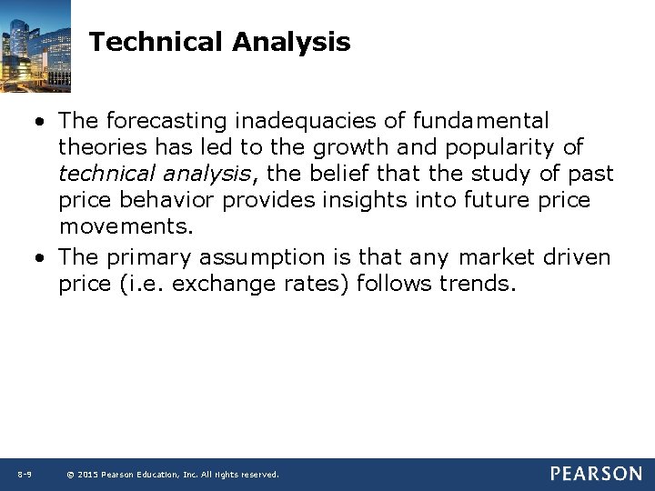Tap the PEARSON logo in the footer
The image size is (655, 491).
[x=595, y=474]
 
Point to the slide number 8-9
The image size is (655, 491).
[x=25, y=474]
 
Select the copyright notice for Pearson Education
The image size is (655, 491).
[x=174, y=475]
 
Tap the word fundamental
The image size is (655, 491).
[x=480, y=121]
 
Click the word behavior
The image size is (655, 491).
[x=172, y=200]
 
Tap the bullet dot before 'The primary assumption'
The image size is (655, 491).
[x=43, y=258]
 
